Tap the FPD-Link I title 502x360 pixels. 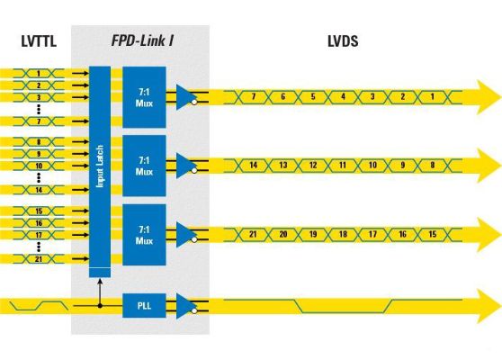click(x=141, y=41)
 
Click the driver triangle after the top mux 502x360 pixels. click(x=186, y=96)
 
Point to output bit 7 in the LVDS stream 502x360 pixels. click(x=254, y=96)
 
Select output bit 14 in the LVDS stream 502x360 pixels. click(x=254, y=166)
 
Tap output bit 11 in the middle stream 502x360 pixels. click(x=343, y=166)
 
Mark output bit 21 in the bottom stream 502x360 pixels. click(x=254, y=235)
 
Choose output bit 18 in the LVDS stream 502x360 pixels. click(x=343, y=235)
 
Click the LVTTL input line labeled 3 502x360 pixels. click(x=39, y=96)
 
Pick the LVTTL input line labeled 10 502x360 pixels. click(x=39, y=166)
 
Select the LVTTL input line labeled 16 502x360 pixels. click(x=39, y=222)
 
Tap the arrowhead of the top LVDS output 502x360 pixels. click(x=486, y=96)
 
